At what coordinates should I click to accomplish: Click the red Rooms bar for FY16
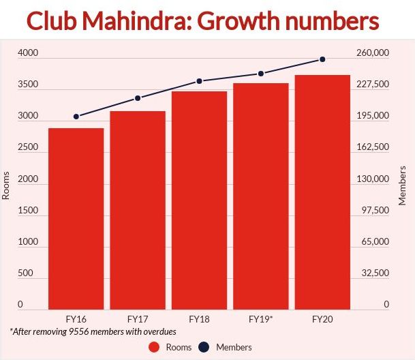[x=76, y=218]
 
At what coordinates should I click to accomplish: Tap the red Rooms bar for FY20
[x=322, y=192]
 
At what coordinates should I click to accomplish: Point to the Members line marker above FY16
[x=76, y=117]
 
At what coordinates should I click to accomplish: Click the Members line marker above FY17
[x=138, y=98]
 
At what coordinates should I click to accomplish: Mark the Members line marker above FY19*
[x=261, y=74]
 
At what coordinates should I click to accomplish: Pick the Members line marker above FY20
[x=322, y=59]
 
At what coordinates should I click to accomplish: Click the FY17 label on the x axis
[x=138, y=318]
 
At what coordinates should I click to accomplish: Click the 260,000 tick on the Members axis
[x=373, y=53]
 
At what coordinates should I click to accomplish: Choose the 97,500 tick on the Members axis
[x=375, y=210]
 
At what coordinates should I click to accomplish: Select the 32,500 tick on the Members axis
[x=375, y=273]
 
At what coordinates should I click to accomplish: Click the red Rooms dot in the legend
[x=154, y=347]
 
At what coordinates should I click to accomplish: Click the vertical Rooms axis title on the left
[x=7, y=184]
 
